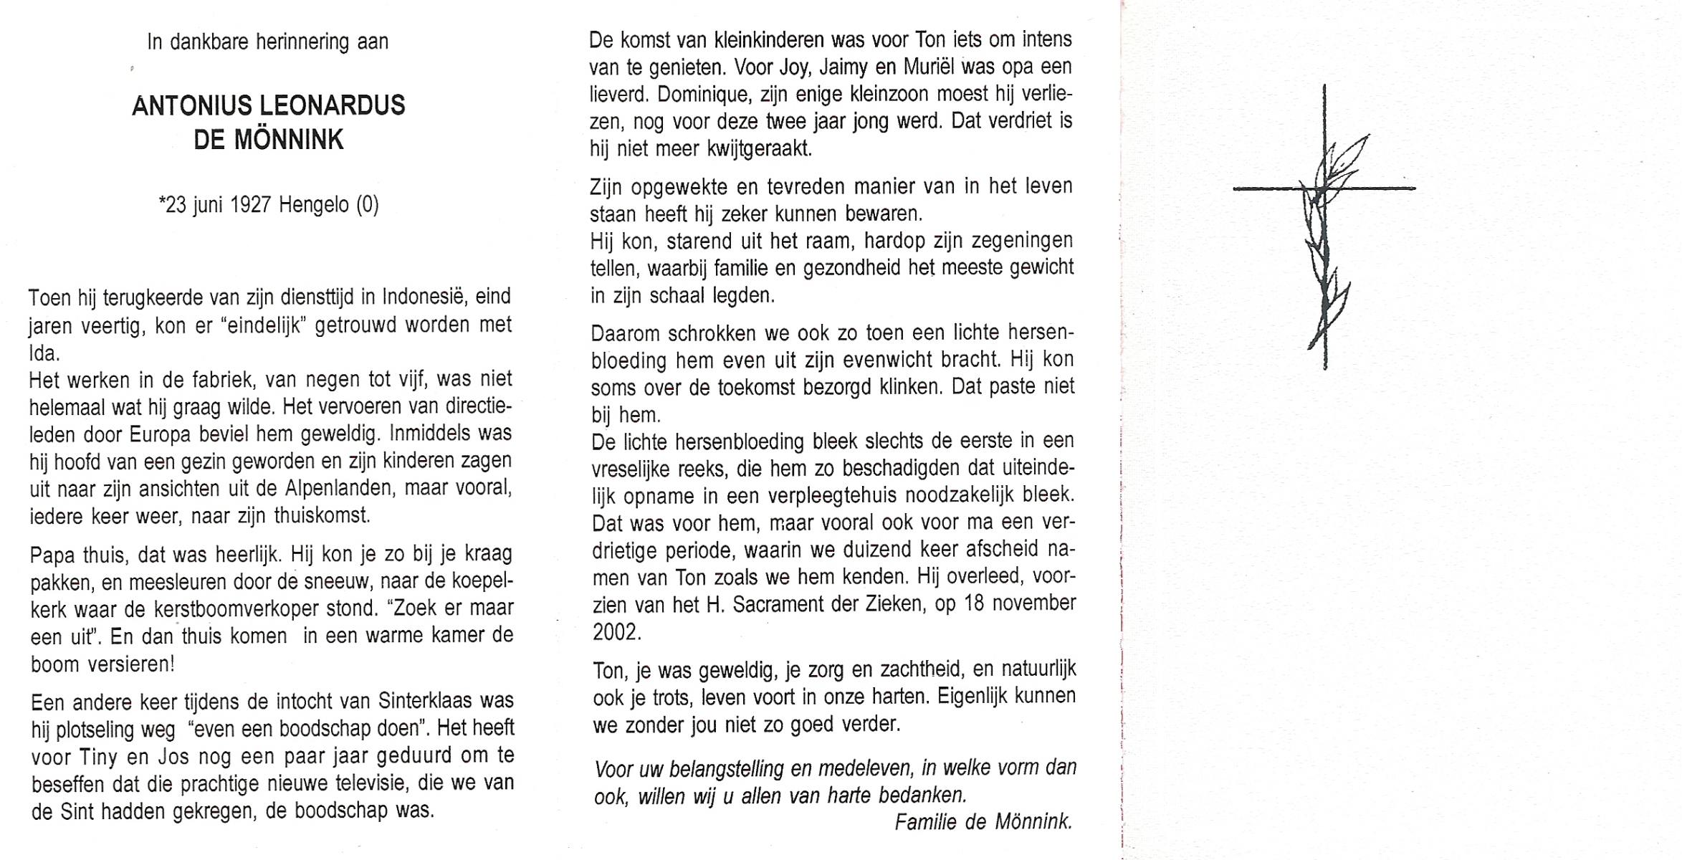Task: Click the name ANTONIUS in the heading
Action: tap(192, 106)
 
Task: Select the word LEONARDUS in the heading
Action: tap(332, 106)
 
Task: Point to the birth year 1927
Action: tap(251, 205)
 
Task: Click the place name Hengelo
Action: tap(313, 205)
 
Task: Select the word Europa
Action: tap(160, 434)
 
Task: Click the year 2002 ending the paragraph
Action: tap(615, 632)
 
